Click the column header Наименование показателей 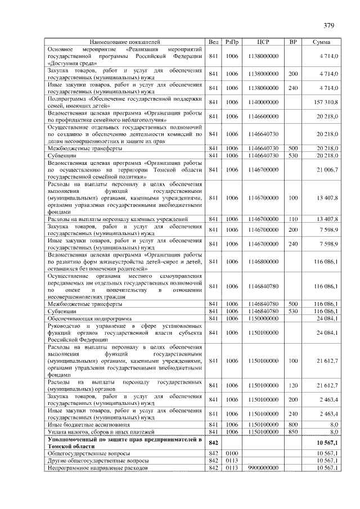click(x=125, y=42)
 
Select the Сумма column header click(x=322, y=42)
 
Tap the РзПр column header click(x=232, y=42)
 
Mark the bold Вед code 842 click(x=213, y=443)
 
